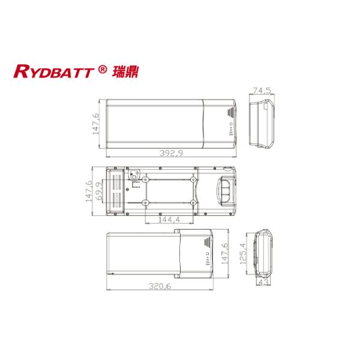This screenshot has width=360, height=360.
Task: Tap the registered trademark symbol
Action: tap(103, 70)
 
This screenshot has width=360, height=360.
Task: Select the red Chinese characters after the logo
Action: tap(124, 71)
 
